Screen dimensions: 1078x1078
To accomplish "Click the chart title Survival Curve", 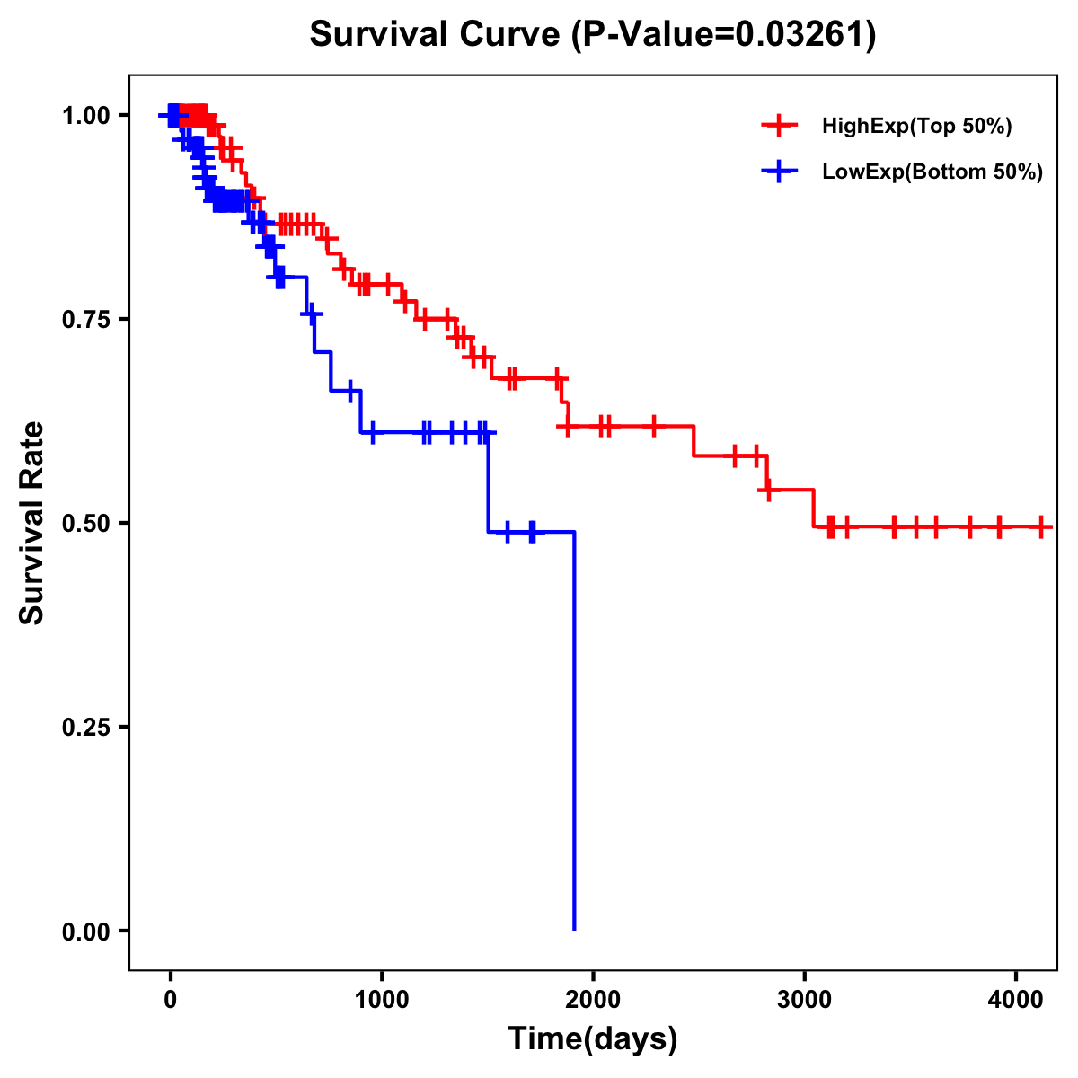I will [437, 35].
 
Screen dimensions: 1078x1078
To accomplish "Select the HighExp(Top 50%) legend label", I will [916, 126].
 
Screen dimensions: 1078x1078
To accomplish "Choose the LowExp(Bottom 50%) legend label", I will [932, 172].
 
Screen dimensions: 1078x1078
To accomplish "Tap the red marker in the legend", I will [779, 126].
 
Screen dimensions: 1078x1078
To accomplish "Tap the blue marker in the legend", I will [779, 172].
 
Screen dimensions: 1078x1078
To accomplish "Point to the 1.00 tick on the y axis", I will [85, 115].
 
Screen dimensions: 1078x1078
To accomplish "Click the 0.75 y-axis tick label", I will [85, 319].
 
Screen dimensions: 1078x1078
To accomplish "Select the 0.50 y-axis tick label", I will [85, 523].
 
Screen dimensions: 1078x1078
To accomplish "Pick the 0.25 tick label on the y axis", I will [85, 727].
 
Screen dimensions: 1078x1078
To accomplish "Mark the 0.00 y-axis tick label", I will [85, 931].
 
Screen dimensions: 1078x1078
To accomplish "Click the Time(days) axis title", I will [593, 1039].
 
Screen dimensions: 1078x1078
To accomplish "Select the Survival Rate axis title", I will [32, 523].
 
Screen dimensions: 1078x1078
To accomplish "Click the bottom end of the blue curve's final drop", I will [574, 929].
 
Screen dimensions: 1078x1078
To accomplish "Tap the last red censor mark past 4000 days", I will [1041, 526].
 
